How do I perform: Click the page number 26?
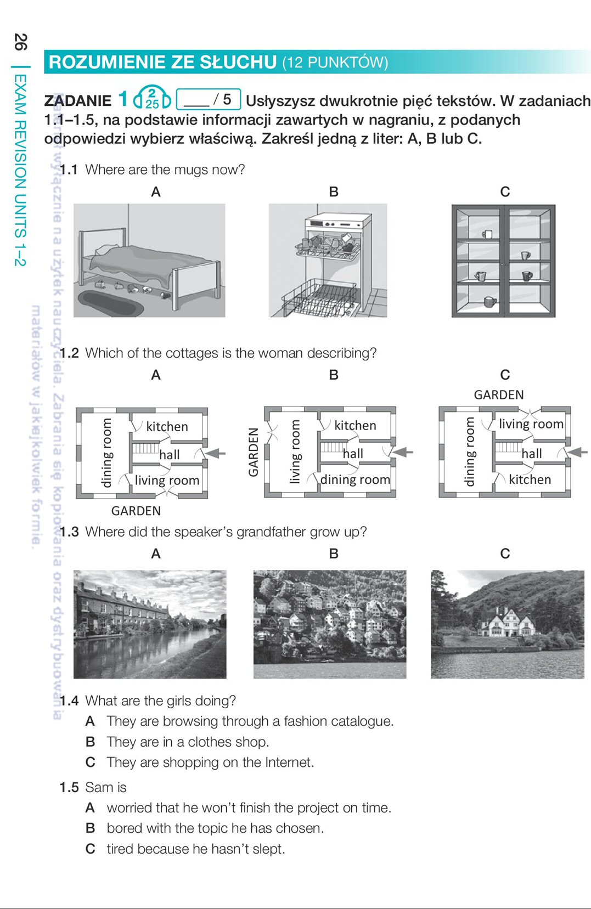pos(20,42)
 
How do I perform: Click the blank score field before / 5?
pos(196,100)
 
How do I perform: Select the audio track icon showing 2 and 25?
pos(152,98)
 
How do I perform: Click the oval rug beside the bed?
pos(110,303)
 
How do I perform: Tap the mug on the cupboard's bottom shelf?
pos(489,302)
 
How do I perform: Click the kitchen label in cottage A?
pos(167,426)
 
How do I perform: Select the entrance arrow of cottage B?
pos(403,452)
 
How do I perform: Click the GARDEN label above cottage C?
pos(499,395)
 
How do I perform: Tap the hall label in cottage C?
pos(531,454)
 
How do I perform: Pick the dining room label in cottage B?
pos(355,479)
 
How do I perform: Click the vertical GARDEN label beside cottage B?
pos(253,452)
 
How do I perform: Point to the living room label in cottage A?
pos(167,481)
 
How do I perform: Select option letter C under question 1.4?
pos(90,763)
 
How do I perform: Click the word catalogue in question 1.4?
pos(364,721)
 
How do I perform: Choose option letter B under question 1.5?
pos(90,828)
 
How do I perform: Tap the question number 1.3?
pos(69,532)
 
